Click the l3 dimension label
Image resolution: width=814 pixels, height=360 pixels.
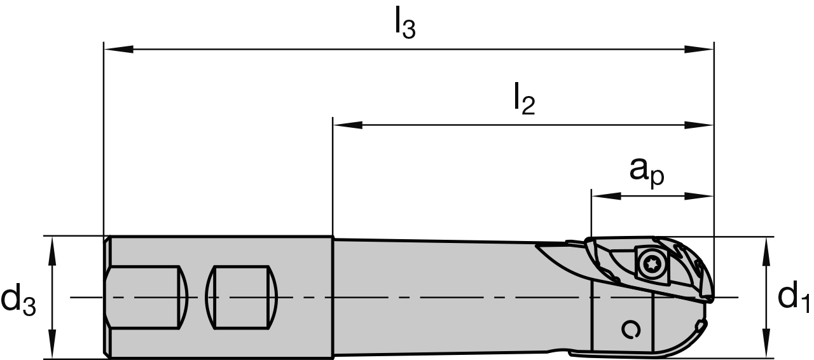[404, 25]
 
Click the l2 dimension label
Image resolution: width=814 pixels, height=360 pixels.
[523, 100]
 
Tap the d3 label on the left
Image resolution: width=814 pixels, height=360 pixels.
[18, 300]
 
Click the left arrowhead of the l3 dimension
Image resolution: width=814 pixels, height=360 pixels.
[118, 49]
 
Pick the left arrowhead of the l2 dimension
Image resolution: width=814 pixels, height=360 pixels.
[347, 125]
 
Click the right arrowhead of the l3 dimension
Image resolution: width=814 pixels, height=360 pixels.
[699, 49]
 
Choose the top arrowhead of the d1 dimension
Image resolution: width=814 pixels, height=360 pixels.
[768, 252]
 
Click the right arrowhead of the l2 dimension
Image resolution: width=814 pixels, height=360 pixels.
[699, 125]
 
